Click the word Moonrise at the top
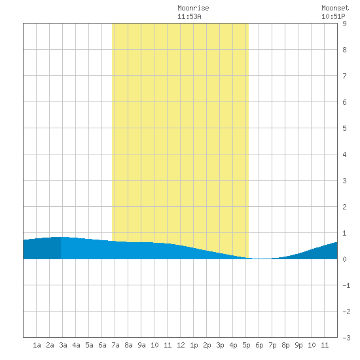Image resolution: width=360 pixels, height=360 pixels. pos(193,8)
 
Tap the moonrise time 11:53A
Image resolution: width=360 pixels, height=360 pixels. pos(189,16)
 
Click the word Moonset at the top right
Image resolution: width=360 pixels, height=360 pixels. pos(335,8)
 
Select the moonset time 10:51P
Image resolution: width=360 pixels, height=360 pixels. pos(333,16)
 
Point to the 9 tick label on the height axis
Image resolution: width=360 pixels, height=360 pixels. pos(344,24)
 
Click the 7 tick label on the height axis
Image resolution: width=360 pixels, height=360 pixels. pos(344,76)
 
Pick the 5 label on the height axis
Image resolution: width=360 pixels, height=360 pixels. pos(344,128)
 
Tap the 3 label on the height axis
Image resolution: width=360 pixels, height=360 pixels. pos(344,181)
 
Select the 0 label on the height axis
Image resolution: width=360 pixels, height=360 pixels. pos(344,259)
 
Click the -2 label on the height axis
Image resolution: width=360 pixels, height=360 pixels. pos(346,312)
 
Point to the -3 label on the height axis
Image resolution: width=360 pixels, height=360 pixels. pos(346,338)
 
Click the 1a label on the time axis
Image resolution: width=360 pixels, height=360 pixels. pos(37,345)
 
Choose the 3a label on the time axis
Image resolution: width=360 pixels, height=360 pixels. pos(63,345)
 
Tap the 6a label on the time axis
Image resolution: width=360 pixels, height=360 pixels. pos(102,345)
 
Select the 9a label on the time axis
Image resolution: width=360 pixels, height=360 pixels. pos(141,345)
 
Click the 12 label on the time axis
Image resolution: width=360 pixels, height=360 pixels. pos(181,345)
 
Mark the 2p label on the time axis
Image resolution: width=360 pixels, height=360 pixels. pos(207,345)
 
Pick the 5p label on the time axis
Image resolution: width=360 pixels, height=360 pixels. pos(246,345)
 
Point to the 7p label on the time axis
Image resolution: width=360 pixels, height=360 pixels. pos(272,345)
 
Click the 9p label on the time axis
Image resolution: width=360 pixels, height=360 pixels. pos(298,345)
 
